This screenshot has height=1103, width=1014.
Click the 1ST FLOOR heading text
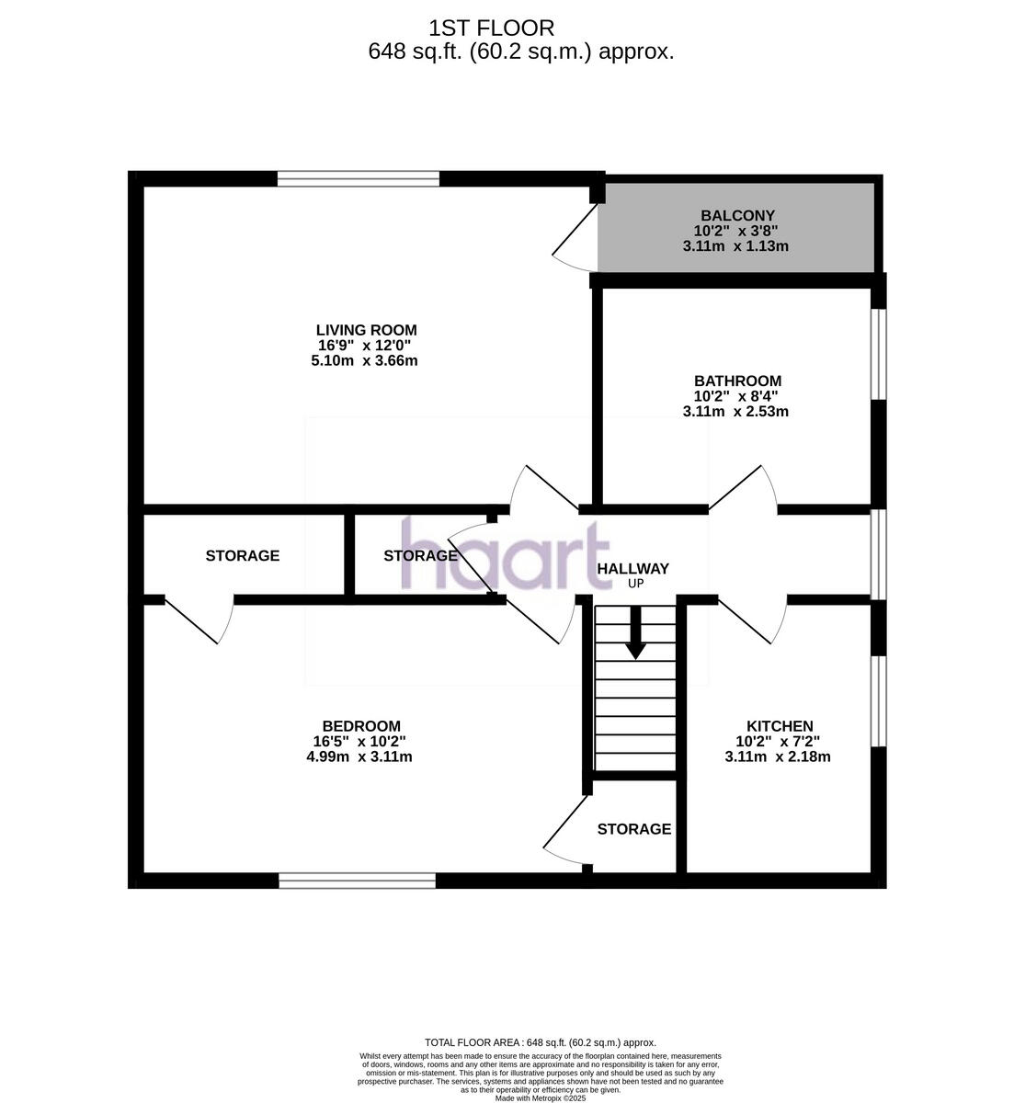(x=491, y=28)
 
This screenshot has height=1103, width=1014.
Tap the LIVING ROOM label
(x=366, y=330)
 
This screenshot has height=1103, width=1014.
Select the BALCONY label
(x=737, y=216)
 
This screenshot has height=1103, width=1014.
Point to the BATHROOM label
(x=737, y=381)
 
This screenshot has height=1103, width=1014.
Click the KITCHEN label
(x=779, y=726)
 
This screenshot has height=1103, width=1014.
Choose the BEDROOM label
(x=360, y=726)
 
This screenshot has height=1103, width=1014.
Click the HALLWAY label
(x=632, y=569)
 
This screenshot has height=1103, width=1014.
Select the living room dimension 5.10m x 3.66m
(x=364, y=360)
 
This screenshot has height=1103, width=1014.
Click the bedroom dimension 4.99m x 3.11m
(x=359, y=757)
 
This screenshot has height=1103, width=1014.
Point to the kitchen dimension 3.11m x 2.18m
(x=778, y=757)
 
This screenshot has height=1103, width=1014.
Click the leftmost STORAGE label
(x=242, y=556)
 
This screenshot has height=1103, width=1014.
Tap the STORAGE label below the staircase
(x=633, y=829)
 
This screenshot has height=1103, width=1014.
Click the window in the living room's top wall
(x=358, y=179)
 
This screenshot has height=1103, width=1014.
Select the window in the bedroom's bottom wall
(x=357, y=881)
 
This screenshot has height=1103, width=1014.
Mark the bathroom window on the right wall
(x=879, y=354)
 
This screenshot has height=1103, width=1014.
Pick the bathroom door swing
(x=745, y=487)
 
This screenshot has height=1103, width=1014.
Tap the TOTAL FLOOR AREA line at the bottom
(x=540, y=1042)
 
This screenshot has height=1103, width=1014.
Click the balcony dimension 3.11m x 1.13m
(x=735, y=246)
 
